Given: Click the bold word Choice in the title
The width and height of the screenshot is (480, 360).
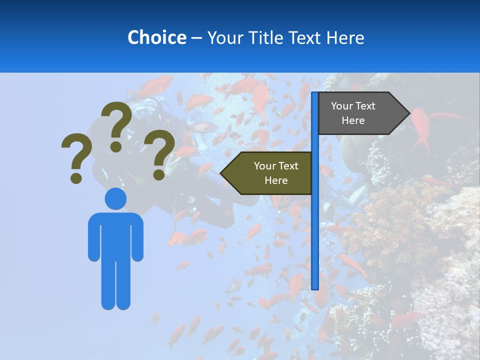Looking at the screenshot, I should coord(156,37).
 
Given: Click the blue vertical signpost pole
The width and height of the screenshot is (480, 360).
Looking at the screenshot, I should coord(315,225).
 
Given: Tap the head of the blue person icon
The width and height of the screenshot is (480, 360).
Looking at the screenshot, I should coord(115,198).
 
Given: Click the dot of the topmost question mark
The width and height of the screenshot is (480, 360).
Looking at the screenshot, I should coord(116,146).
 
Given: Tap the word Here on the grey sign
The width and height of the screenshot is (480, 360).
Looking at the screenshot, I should coord(353,120).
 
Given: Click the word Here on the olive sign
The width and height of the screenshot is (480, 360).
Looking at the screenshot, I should coord(276,180).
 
